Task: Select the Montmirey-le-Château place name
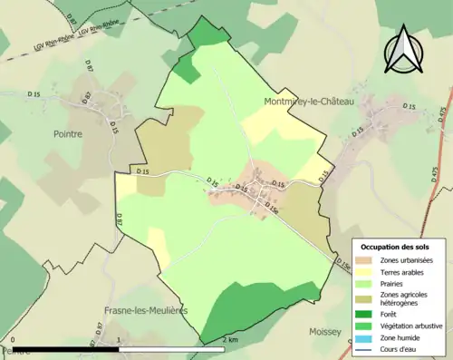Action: click(308, 102)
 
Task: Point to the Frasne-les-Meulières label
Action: click(146, 310)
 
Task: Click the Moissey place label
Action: click(323, 332)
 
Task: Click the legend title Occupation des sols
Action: click(395, 247)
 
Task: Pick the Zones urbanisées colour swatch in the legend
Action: click(366, 260)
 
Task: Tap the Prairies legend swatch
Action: click(366, 282)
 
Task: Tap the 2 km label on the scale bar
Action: click(230, 340)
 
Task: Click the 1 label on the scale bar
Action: click(120, 340)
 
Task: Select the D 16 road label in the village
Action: click(241, 187)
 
